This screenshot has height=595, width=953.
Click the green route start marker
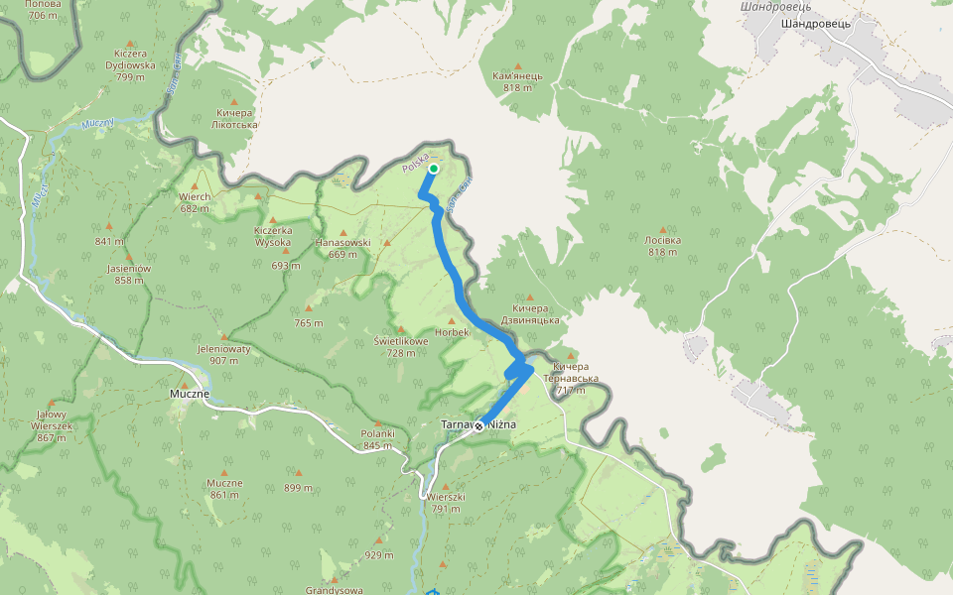(x=434, y=169)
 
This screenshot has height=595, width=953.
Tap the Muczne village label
(x=189, y=394)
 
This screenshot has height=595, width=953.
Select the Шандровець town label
(x=817, y=23)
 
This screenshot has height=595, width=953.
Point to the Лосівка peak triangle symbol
(x=662, y=228)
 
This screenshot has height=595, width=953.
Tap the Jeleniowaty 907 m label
(x=224, y=355)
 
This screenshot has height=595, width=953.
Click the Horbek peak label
(x=452, y=332)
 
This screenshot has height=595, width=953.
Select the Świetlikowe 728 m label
(x=401, y=346)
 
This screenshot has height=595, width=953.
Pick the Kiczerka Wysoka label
(x=272, y=236)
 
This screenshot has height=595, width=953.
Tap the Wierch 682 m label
(x=195, y=201)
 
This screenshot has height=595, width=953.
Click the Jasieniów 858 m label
(x=129, y=274)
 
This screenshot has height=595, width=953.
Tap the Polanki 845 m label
(x=378, y=439)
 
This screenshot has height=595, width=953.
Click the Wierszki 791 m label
(x=446, y=503)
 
